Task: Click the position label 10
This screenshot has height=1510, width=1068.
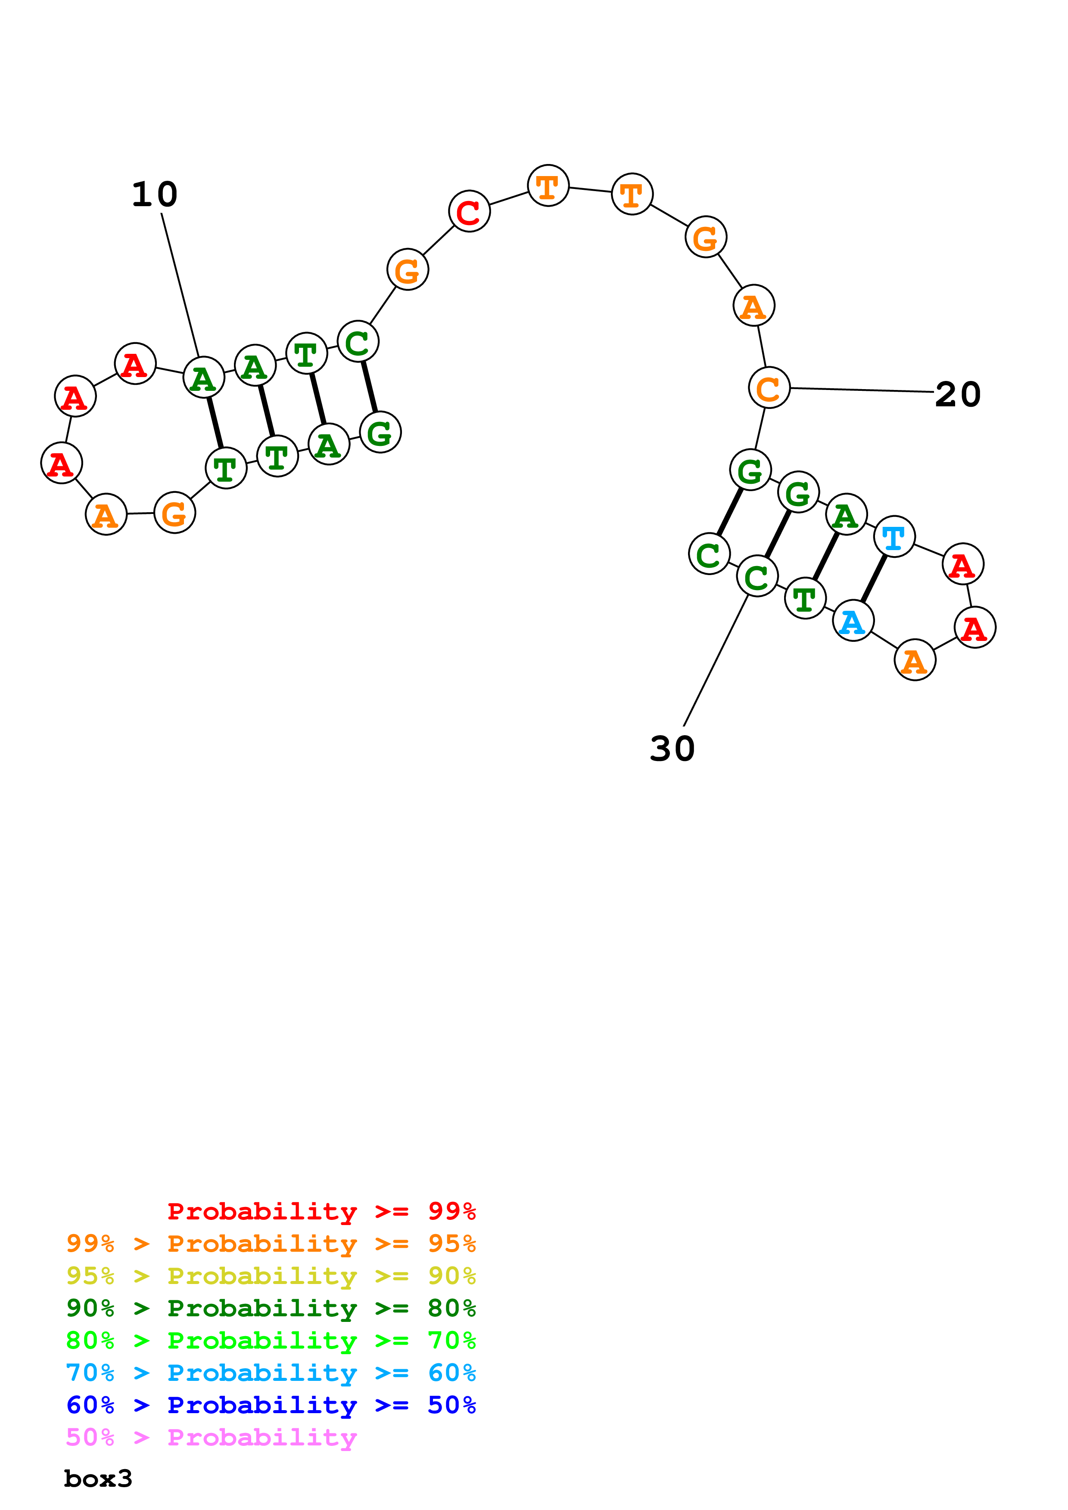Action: (155, 195)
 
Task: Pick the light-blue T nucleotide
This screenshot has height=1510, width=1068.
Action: (894, 537)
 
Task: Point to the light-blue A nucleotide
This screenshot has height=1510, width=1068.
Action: (853, 621)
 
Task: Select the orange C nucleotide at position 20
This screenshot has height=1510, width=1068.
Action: (769, 388)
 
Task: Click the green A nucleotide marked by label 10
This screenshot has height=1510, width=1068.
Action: (203, 378)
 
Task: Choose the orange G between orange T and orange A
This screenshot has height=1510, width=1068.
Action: (706, 238)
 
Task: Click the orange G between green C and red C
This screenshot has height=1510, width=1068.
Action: (408, 269)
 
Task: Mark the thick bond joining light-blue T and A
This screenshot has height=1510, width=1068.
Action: (874, 579)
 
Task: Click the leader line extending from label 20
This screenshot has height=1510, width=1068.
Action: (862, 390)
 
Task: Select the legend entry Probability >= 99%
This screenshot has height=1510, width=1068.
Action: (322, 1211)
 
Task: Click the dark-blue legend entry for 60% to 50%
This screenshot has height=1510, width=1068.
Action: (271, 1405)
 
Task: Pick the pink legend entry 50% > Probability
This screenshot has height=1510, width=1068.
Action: (211, 1438)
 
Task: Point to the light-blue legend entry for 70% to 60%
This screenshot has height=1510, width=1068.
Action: (271, 1373)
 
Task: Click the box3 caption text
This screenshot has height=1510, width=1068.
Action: (98, 1479)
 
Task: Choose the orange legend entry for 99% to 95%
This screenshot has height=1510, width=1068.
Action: (271, 1243)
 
